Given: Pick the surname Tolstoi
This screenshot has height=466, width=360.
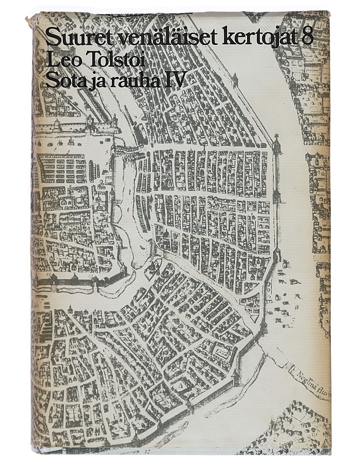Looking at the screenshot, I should tap(115, 59).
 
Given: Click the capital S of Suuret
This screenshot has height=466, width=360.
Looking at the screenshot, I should tap(51, 38).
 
